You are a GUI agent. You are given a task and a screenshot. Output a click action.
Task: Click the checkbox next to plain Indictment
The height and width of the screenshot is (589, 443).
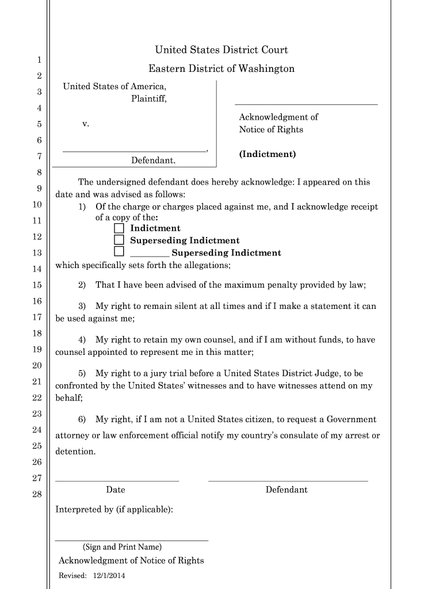coord(119,228)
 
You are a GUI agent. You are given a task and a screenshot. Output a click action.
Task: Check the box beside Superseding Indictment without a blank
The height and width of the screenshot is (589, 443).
coord(119,240)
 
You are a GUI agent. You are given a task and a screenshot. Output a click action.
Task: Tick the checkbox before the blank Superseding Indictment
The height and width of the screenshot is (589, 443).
coord(119,251)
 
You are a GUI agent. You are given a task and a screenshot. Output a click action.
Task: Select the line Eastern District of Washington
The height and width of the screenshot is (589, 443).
coord(221,69)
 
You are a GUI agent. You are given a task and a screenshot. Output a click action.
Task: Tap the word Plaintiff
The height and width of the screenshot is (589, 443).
coord(148,98)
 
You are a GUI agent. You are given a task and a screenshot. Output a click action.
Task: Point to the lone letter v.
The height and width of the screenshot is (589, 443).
coord(85,124)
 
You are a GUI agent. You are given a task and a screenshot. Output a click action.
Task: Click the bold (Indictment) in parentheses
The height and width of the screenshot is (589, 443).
coord(268,154)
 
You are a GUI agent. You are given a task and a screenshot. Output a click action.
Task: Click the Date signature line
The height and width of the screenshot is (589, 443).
coord(117,480)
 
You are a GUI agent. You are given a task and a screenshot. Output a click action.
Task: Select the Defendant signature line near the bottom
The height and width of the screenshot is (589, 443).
coord(288,480)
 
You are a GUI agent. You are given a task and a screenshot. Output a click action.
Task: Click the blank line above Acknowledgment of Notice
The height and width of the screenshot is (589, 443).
coord(306,104)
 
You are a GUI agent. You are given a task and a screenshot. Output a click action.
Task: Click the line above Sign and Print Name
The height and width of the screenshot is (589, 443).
coord(131,540)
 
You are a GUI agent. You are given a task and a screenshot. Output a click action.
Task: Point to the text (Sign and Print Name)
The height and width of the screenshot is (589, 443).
coord(122,547)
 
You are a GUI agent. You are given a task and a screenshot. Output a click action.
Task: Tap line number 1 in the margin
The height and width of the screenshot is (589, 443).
coord(39,60)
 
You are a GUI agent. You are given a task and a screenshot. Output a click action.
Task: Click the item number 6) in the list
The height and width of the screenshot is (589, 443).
coord(82,419)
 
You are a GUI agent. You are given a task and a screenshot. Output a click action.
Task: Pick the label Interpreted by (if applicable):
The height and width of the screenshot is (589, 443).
coord(114,510)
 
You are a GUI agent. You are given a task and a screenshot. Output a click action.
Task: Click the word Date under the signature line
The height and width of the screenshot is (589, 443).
coord(116,490)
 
